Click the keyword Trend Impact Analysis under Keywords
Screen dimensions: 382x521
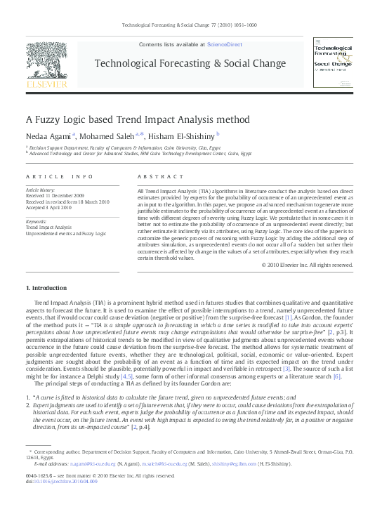click(x=48, y=227)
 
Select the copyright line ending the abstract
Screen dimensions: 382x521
click(x=307, y=265)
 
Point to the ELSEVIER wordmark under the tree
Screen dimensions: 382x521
click(x=46, y=86)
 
